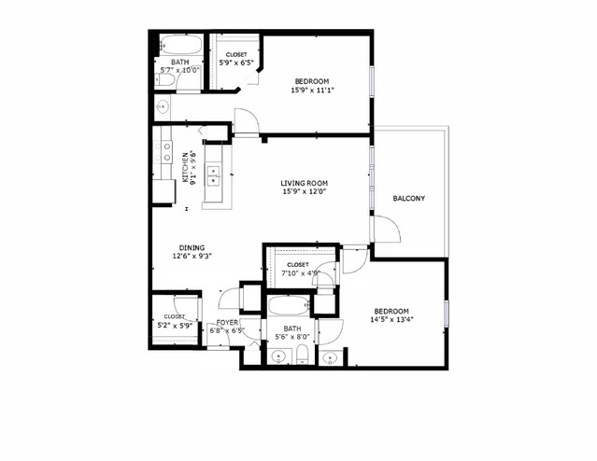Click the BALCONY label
pyautogui.click(x=409, y=199)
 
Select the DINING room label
pyautogui.click(x=192, y=248)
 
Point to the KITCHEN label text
pyautogui.click(x=185, y=167)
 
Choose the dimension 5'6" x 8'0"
pyautogui.click(x=291, y=339)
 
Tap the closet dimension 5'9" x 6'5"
pyautogui.click(x=235, y=63)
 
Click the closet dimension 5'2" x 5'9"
pyautogui.click(x=174, y=326)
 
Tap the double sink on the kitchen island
pyautogui.click(x=214, y=173)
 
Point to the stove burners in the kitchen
pyautogui.click(x=166, y=151)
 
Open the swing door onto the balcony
pyautogui.click(x=385, y=228)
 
